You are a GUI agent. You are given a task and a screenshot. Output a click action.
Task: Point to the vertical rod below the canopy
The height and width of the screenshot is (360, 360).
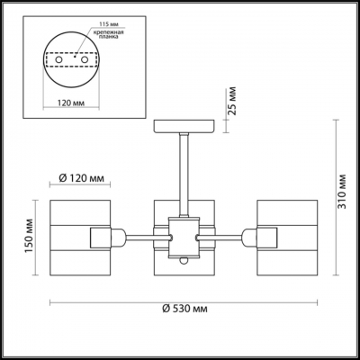183,171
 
